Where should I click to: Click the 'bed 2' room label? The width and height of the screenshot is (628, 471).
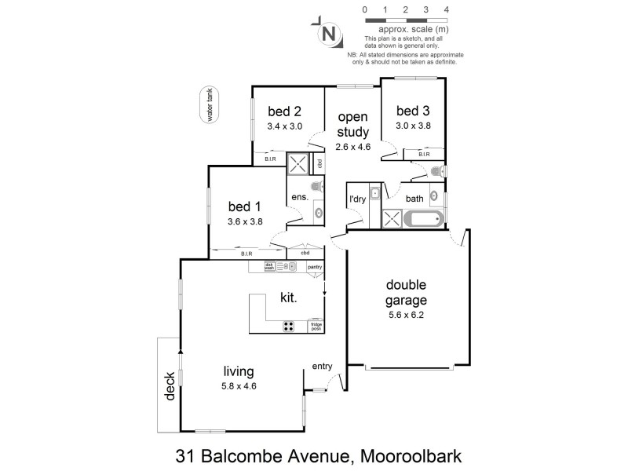[284, 111]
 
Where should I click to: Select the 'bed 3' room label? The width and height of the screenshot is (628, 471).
[413, 110]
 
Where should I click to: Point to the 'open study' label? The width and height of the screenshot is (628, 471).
[352, 125]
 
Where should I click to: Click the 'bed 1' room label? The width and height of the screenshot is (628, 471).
[245, 206]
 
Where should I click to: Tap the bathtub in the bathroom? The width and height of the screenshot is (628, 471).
[424, 217]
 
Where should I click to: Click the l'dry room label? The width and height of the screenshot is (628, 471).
[357, 199]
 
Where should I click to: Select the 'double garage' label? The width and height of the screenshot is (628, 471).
[406, 293]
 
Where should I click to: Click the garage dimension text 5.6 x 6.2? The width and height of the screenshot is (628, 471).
[406, 315]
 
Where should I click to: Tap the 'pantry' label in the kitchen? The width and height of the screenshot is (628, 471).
[315, 268]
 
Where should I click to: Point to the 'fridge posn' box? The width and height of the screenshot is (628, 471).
[316, 327]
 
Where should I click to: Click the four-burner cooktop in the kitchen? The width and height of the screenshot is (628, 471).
[289, 327]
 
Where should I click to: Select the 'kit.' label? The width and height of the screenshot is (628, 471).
[290, 298]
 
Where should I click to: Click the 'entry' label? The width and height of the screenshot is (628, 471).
[322, 366]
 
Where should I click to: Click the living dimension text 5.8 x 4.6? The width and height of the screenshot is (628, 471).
[239, 385]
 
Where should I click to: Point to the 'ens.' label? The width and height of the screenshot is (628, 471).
[298, 199]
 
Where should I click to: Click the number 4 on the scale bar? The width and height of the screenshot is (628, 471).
[446, 9]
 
